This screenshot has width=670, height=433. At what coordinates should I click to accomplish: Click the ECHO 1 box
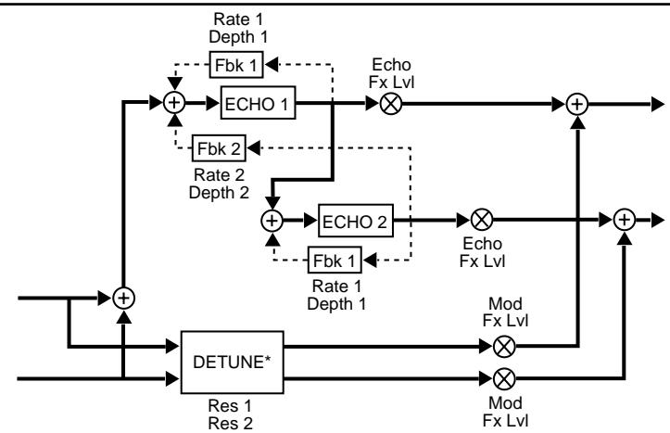coord(257,105)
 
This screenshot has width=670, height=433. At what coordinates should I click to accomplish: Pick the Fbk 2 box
coord(220,146)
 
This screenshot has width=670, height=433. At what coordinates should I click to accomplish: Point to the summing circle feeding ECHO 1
coord(173,105)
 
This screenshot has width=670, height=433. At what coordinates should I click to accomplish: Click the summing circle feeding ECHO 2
coord(272,222)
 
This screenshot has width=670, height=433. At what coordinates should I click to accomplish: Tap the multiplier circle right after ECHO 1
coord(390,105)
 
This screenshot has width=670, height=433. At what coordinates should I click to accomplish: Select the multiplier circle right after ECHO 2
coord(481,222)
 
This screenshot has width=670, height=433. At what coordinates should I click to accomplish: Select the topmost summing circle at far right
coord(579,105)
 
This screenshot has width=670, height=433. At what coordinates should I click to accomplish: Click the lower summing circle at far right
coord(626,222)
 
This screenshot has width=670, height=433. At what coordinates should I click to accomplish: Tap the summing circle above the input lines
coord(123,299)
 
